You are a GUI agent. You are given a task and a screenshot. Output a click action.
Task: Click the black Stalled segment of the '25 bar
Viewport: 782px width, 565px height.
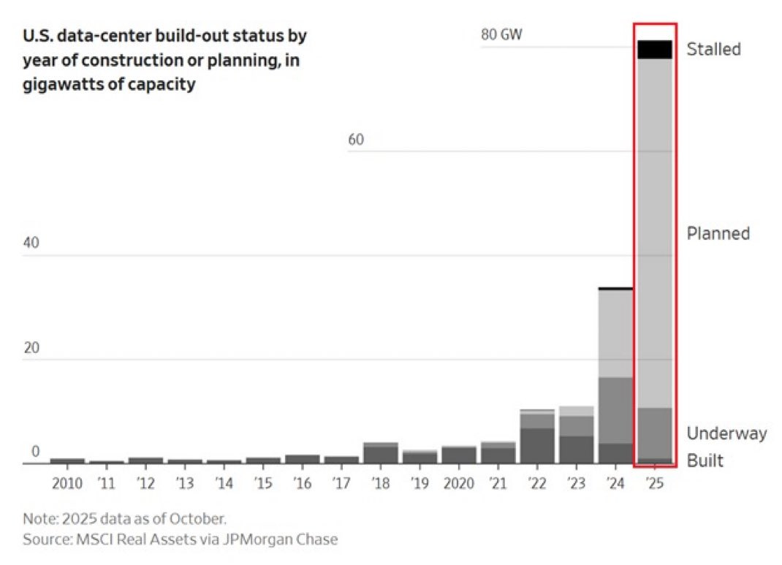[x=654, y=50]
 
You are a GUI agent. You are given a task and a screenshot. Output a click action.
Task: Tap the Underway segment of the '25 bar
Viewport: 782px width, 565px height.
[x=654, y=433]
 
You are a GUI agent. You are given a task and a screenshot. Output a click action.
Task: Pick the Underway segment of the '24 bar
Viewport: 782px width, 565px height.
[x=615, y=410]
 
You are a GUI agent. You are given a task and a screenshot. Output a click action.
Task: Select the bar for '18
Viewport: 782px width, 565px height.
[x=380, y=453]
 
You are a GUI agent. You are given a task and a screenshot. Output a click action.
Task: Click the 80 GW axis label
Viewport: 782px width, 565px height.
[x=501, y=34]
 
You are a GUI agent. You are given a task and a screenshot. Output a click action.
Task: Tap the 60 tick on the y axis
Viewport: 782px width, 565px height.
[x=355, y=140]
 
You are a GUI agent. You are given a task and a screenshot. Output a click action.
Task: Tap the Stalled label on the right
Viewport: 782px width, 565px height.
[x=713, y=49]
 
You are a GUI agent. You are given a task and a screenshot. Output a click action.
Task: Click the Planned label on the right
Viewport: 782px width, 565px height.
[x=718, y=233]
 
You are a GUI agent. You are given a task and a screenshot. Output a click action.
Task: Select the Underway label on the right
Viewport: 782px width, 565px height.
[x=726, y=433]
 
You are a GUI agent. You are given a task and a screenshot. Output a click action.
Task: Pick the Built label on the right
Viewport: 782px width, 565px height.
[x=705, y=460]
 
